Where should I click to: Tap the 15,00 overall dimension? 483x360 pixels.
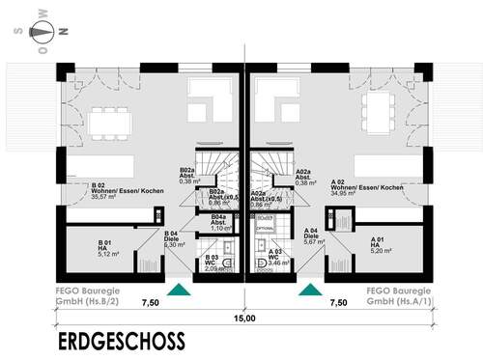click(242, 318)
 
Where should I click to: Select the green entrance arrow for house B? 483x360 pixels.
click(179, 288)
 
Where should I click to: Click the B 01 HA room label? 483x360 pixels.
click(107, 248)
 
